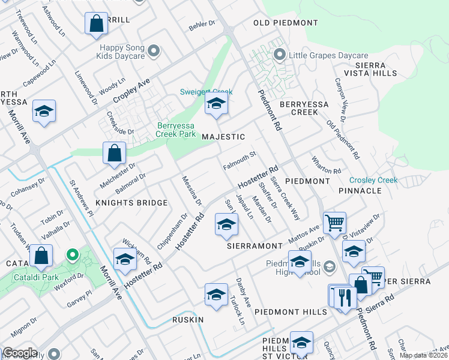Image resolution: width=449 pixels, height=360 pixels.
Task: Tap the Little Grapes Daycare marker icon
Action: [279, 55]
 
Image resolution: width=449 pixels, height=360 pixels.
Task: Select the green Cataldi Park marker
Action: [72, 256]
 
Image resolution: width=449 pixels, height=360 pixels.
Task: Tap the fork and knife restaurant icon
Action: [344, 296]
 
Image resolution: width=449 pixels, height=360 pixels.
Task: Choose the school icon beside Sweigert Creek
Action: [216, 104]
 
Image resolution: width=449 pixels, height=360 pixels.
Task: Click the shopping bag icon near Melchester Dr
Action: [114, 153]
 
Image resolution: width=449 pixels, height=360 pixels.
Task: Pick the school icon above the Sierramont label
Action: [226, 224]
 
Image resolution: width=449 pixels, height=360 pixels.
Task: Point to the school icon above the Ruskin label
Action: [216, 294]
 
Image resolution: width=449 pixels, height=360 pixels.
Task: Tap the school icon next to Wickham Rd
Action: [125, 259]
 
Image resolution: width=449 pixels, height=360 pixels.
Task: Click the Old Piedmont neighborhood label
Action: [285, 23]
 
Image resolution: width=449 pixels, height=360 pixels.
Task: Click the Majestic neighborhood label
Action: [223, 137]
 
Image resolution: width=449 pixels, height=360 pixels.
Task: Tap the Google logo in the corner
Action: [20, 353]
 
